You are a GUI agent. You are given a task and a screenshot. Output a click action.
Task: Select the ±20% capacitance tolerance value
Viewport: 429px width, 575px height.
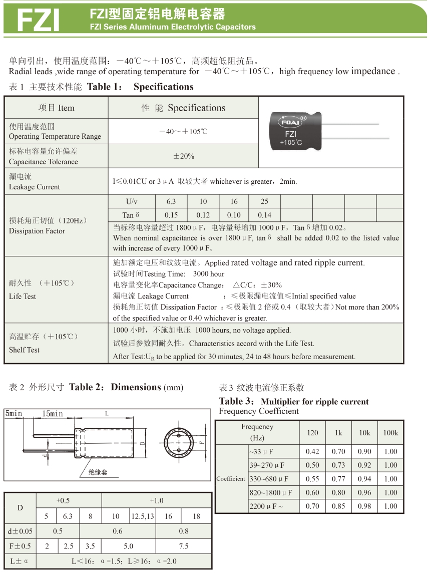coord(183,156)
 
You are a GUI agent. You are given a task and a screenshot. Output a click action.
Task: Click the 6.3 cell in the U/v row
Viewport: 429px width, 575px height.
coord(171,201)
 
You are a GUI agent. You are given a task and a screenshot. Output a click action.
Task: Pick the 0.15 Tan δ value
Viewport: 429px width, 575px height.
coord(171,215)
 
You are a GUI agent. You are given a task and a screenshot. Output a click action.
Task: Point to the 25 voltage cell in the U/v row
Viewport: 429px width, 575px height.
coord(264,201)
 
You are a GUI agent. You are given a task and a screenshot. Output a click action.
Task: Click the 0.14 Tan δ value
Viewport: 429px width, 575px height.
coord(264,215)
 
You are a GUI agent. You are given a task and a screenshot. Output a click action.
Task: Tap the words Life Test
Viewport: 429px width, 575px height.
coord(23,296)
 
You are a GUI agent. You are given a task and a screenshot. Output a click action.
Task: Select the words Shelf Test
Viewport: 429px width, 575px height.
coord(24,350)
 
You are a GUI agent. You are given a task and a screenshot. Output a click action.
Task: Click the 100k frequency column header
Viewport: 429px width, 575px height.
coord(390,433)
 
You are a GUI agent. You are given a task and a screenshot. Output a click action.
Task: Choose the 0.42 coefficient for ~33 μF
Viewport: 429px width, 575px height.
coord(312,451)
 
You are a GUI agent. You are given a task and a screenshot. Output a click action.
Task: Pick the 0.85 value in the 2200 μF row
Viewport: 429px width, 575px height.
coord(338,506)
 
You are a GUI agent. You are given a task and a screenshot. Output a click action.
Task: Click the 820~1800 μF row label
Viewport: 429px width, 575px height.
coord(270,492)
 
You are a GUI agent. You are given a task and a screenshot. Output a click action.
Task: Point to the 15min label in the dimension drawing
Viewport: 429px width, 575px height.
coord(53,414)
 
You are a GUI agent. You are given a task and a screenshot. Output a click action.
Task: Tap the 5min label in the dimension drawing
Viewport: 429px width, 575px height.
coord(14,414)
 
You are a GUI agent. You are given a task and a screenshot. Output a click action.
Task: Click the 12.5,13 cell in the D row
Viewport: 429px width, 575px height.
coord(143,516)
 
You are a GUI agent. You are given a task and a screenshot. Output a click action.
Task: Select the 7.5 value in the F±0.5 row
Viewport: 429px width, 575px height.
coord(184,546)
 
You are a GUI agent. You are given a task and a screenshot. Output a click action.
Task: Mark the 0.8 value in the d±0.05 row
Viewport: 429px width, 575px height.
coord(184,531)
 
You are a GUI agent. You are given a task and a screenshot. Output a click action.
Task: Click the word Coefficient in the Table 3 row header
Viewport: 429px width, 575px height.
coord(231,479)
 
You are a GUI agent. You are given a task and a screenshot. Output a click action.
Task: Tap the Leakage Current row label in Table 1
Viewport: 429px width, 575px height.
coord(34,187)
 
